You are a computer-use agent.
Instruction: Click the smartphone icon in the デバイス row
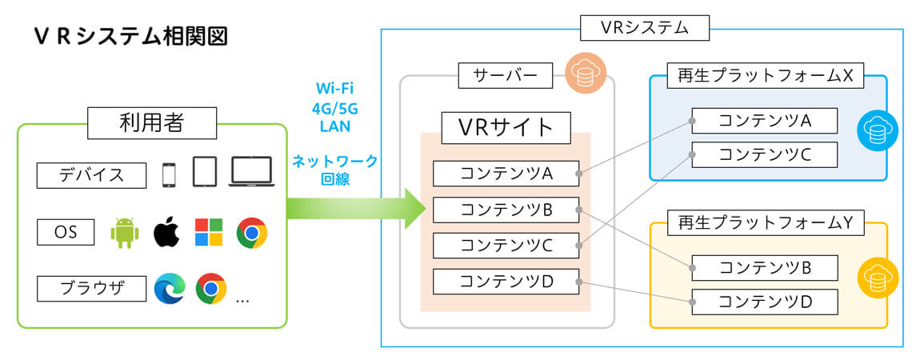pyautogui.click(x=168, y=174)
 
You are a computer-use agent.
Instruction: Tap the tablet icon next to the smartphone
pyautogui.click(x=205, y=172)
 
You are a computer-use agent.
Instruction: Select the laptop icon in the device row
pyautogui.click(x=252, y=172)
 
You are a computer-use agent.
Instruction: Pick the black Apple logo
pyautogui.click(x=166, y=233)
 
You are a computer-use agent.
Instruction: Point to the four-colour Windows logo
pyautogui.click(x=209, y=233)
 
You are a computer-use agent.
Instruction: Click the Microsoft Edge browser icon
pyautogui.click(x=170, y=288)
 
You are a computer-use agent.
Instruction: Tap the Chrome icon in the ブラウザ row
pyautogui.click(x=211, y=288)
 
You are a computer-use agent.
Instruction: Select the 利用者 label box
pyautogui.click(x=151, y=124)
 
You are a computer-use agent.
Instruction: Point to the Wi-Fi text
pyautogui.click(x=334, y=86)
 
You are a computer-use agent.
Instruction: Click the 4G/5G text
pyautogui.click(x=334, y=106)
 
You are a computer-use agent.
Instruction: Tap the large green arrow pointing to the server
pyautogui.click(x=356, y=210)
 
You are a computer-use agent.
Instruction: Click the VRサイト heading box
pyautogui.click(x=506, y=126)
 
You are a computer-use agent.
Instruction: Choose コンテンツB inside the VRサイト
pyautogui.click(x=506, y=210)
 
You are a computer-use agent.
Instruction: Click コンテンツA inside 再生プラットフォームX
pyautogui.click(x=764, y=121)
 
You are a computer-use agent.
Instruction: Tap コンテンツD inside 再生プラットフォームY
pyautogui.click(x=764, y=302)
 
